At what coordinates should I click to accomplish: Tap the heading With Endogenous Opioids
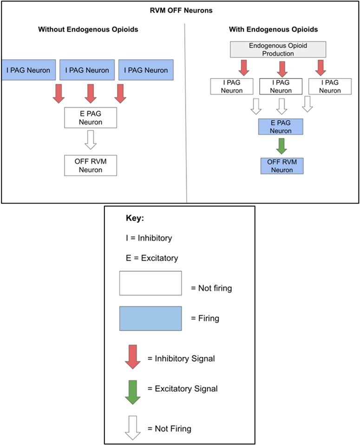tap(273, 30)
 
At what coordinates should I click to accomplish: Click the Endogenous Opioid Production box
tap(278, 50)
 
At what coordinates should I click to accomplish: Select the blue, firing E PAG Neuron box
tap(281, 127)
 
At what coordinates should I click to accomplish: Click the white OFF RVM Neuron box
tap(90, 166)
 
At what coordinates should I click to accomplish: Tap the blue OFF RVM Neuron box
tap(281, 166)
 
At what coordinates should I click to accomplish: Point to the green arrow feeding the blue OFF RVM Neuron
tap(280, 146)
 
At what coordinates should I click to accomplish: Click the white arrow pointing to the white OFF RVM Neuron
tap(90, 139)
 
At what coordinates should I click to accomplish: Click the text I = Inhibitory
tap(149, 238)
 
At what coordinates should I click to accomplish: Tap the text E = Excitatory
tap(152, 258)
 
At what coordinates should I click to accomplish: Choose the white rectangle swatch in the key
tap(150, 283)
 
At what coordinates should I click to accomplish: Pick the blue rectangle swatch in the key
tap(150, 318)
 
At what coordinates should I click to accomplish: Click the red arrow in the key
tap(133, 357)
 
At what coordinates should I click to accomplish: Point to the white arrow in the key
tap(133, 428)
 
